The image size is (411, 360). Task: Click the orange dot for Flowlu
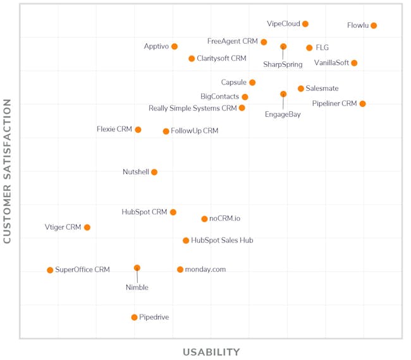[x=374, y=26]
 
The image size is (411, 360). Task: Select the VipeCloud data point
[x=305, y=24]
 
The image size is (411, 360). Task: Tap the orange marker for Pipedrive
[x=134, y=318]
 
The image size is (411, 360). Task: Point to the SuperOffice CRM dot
[x=50, y=270]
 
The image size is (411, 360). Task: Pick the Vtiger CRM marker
[x=87, y=227]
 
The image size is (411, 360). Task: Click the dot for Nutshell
[x=154, y=172]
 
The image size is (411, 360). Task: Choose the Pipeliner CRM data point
[x=362, y=104]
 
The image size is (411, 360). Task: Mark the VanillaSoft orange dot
[x=354, y=63]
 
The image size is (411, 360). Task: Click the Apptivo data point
[x=175, y=47]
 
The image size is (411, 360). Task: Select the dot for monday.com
[x=180, y=270]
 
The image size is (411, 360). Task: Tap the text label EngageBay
[x=283, y=115]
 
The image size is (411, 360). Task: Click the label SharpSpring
[x=283, y=64]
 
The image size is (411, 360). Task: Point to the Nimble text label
[x=137, y=287]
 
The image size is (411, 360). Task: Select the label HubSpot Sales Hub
[x=222, y=241]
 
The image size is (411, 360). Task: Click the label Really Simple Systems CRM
[x=193, y=109]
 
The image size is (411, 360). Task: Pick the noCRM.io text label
[x=224, y=219]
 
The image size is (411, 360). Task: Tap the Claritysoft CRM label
[x=221, y=59]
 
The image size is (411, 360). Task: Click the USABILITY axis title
[x=211, y=352]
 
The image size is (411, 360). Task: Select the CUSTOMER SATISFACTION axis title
[x=8, y=171]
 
